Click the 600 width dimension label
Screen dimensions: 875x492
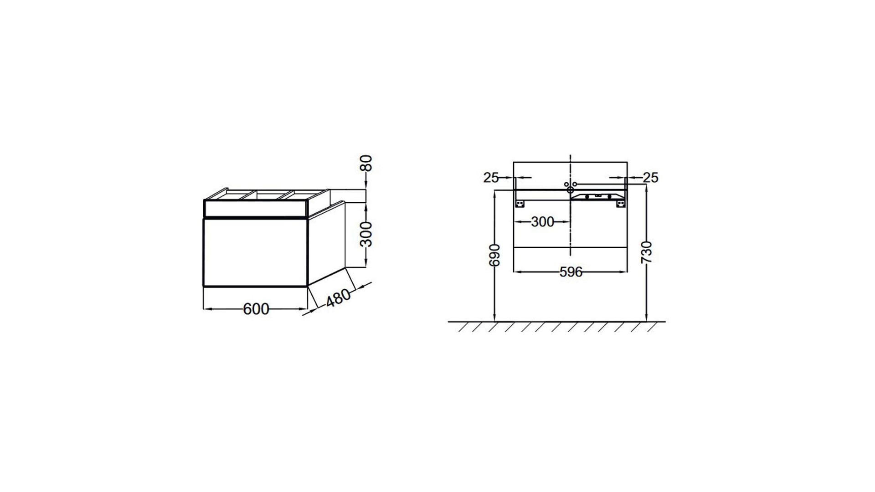(256, 309)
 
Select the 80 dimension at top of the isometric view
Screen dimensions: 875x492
(366, 163)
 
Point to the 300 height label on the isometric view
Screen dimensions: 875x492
(366, 234)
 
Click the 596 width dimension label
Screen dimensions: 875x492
(571, 272)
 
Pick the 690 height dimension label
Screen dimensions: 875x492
(494, 256)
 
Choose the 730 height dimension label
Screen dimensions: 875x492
(647, 252)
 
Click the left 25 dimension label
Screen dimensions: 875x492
(491, 178)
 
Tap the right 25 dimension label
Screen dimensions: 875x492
(651, 178)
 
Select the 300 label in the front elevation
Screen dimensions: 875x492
(542, 222)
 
